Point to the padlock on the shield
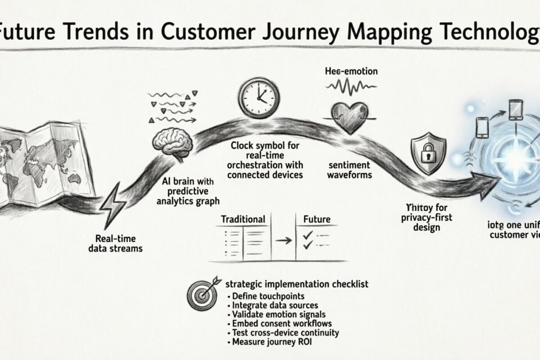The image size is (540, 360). click(x=427, y=154)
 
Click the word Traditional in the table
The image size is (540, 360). click(x=243, y=220)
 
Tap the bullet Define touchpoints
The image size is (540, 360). click(x=268, y=296)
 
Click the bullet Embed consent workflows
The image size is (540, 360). click(x=282, y=324)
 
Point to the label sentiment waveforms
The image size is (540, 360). click(x=349, y=170)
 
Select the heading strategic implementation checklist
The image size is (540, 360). click(x=297, y=284)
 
